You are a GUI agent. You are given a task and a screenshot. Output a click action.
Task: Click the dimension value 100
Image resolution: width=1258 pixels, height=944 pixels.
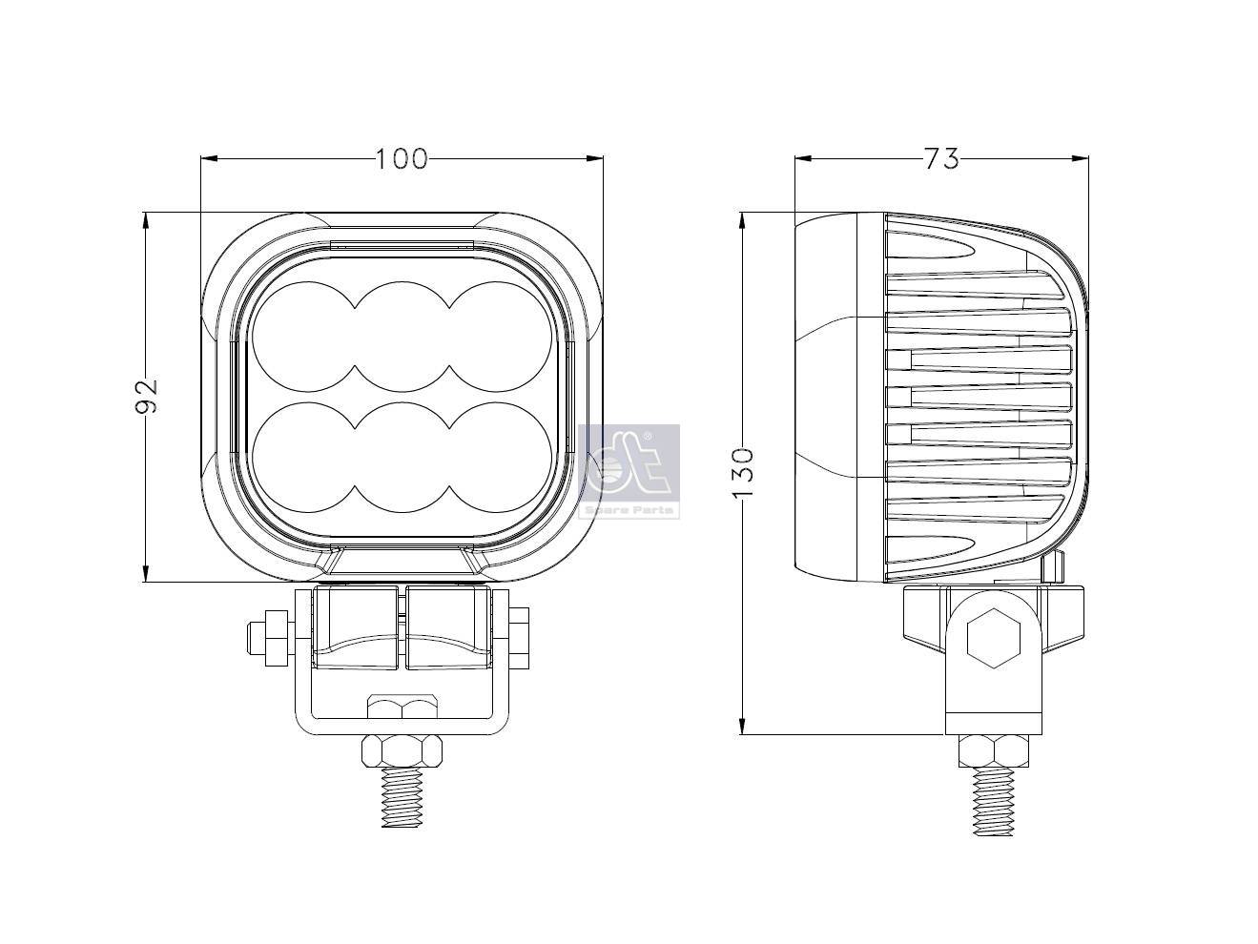coord(401,158)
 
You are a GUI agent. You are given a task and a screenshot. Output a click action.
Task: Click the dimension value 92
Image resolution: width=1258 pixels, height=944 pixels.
coord(146,397)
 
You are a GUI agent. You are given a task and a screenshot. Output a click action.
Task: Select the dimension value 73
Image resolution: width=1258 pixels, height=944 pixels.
coord(940,158)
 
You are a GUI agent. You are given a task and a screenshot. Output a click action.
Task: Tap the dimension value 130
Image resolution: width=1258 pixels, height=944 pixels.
coord(744,471)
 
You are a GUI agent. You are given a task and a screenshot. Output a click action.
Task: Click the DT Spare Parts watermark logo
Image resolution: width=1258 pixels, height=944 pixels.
coord(629,470)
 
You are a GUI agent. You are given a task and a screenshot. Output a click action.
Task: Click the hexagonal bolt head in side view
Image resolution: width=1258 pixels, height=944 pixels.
coord(993,639)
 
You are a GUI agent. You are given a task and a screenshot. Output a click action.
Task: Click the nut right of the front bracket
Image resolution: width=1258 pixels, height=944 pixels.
coord(520,637)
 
